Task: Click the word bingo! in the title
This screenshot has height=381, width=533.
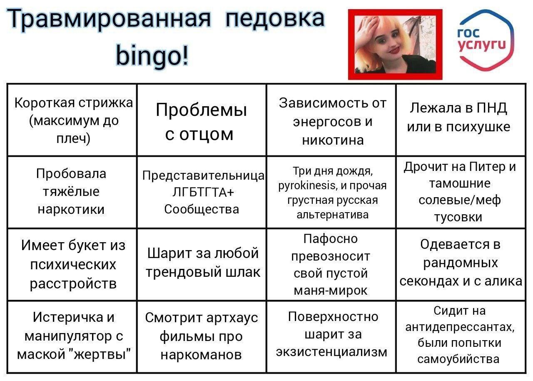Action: pyautogui.click(x=152, y=56)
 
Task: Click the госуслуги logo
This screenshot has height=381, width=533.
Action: pyautogui.click(x=486, y=40)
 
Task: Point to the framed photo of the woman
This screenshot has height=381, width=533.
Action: pyautogui.click(x=395, y=44)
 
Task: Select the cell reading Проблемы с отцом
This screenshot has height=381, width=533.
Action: pyautogui.click(x=201, y=120)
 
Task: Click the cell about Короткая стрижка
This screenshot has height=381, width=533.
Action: pyautogui.click(x=72, y=120)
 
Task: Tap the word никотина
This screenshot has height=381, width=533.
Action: pyautogui.click(x=333, y=140)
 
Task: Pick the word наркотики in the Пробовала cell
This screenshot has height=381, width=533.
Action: pyautogui.click(x=71, y=210)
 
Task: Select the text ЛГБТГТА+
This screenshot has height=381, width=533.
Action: pyautogui.click(x=203, y=192)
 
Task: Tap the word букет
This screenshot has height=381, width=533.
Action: pyautogui.click(x=87, y=245)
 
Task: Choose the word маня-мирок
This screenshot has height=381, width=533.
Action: pyautogui.click(x=331, y=291)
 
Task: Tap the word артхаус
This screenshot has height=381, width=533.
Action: pyautogui.click(x=232, y=318)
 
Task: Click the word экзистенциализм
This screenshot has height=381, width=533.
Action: pyautogui.click(x=332, y=352)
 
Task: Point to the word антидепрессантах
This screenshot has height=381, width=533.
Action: pyautogui.click(x=460, y=327)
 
